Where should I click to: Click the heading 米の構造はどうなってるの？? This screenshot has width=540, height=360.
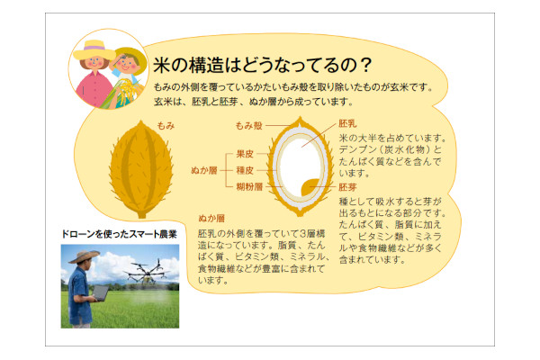[x=263, y=65]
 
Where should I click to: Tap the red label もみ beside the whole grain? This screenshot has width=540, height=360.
[x=166, y=126]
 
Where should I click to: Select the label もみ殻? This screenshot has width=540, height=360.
[x=249, y=126]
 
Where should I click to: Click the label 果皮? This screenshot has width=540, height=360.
[x=245, y=154]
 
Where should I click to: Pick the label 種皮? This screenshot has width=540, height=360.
[x=245, y=170]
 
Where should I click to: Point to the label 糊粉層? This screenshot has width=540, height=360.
[x=249, y=186]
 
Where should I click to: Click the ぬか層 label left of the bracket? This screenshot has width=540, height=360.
[x=204, y=170]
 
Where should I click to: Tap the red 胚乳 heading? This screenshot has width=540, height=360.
[x=347, y=123]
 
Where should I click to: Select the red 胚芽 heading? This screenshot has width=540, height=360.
[x=347, y=187]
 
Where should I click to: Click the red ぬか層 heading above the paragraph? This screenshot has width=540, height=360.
[x=211, y=219]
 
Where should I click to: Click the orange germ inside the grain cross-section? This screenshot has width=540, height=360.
[x=310, y=187]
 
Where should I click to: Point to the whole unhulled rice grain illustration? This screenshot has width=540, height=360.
[x=141, y=169]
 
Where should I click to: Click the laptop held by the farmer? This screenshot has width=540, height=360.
[x=100, y=293]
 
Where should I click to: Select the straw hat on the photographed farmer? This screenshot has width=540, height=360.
[x=84, y=256]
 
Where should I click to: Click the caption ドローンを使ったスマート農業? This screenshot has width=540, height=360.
[x=119, y=234]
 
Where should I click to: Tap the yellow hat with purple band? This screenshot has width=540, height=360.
[x=94, y=50]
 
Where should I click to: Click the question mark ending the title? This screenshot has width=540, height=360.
[x=366, y=65]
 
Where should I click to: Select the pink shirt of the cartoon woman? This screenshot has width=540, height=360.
[x=94, y=89]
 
